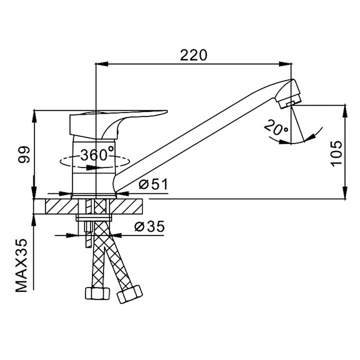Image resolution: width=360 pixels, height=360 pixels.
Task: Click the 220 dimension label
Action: pyautogui.click(x=193, y=55)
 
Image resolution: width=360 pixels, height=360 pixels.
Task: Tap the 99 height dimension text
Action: pyautogui.click(x=24, y=154)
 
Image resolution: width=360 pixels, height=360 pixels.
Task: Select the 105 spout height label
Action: pyautogui.click(x=336, y=153)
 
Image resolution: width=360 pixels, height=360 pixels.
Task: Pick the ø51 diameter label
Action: pyautogui.click(x=153, y=184)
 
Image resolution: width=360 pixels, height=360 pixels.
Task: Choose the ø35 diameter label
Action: pyautogui.click(x=149, y=226)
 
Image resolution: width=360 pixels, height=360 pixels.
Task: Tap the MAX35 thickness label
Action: pyautogui.click(x=21, y=265)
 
